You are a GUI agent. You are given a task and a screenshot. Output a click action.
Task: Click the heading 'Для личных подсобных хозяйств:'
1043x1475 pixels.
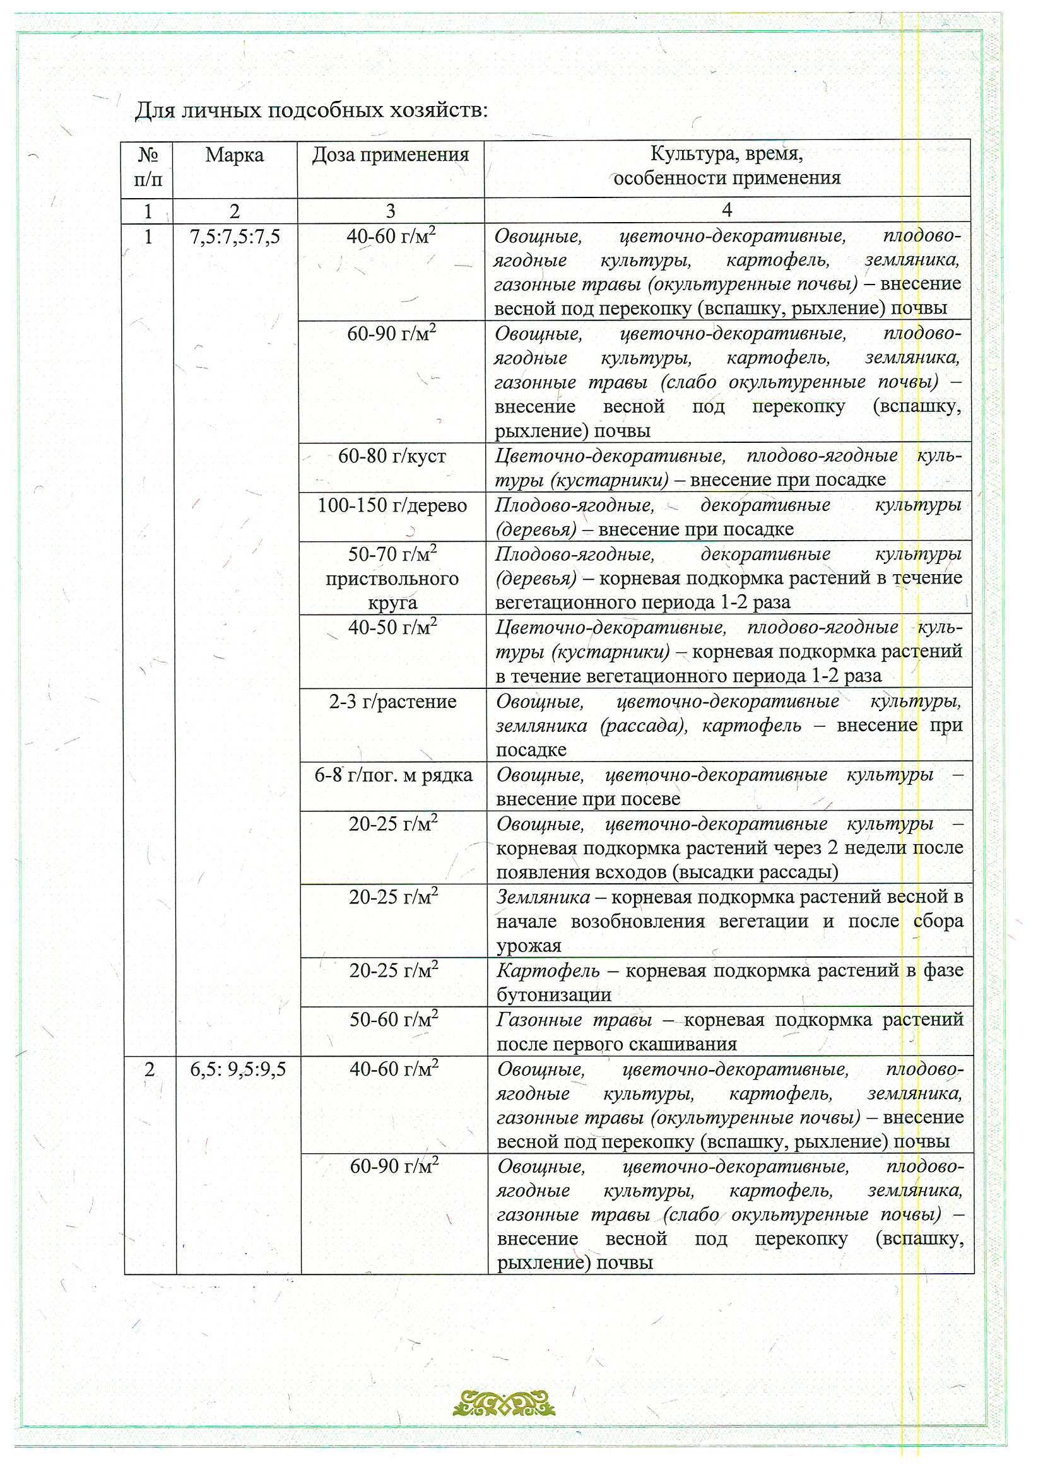[311, 111]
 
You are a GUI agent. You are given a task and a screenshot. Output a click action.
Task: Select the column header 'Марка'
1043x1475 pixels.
[234, 155]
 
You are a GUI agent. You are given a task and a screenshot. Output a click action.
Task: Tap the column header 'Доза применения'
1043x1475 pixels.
[390, 155]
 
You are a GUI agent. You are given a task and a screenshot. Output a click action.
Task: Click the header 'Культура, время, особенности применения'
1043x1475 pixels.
[726, 166]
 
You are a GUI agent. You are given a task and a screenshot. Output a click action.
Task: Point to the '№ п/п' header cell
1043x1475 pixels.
[148, 167]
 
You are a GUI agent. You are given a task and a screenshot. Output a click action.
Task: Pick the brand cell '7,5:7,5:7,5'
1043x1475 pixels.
[235, 237]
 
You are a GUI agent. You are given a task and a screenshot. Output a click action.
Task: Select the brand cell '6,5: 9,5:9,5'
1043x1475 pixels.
[238, 1069]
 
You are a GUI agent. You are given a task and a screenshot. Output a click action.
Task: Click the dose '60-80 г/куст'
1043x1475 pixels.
[392, 456]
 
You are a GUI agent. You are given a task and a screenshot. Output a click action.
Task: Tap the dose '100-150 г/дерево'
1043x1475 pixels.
[392, 505]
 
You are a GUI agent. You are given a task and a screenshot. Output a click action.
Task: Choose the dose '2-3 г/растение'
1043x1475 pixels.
[392, 702]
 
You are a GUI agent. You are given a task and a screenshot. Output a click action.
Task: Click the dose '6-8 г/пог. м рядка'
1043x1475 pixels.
[393, 775]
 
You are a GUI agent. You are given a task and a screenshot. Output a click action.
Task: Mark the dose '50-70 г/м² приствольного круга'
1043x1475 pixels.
[392, 578]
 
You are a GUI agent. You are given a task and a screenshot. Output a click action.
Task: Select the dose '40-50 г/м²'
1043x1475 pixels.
[392, 627]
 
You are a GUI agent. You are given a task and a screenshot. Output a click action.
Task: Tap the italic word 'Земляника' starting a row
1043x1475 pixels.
[543, 897]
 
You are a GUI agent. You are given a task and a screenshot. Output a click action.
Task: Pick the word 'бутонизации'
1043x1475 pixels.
[553, 995]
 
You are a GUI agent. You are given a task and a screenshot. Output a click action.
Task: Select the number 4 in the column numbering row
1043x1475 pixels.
[727, 210]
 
